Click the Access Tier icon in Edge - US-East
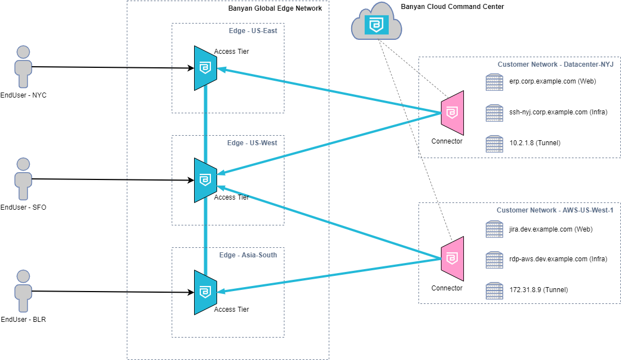click(205, 68)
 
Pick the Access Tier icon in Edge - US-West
click(205, 180)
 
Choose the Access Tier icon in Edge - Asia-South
click(205, 292)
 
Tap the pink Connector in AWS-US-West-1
click(452, 259)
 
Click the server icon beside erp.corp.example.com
click(494, 82)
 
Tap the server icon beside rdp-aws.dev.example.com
click(494, 260)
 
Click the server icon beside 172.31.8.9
click(494, 290)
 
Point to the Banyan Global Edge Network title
click(275, 8)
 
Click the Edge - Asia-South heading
click(248, 255)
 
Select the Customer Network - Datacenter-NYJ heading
click(555, 64)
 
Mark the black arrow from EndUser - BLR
click(112, 292)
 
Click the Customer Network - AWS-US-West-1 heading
click(555, 210)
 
